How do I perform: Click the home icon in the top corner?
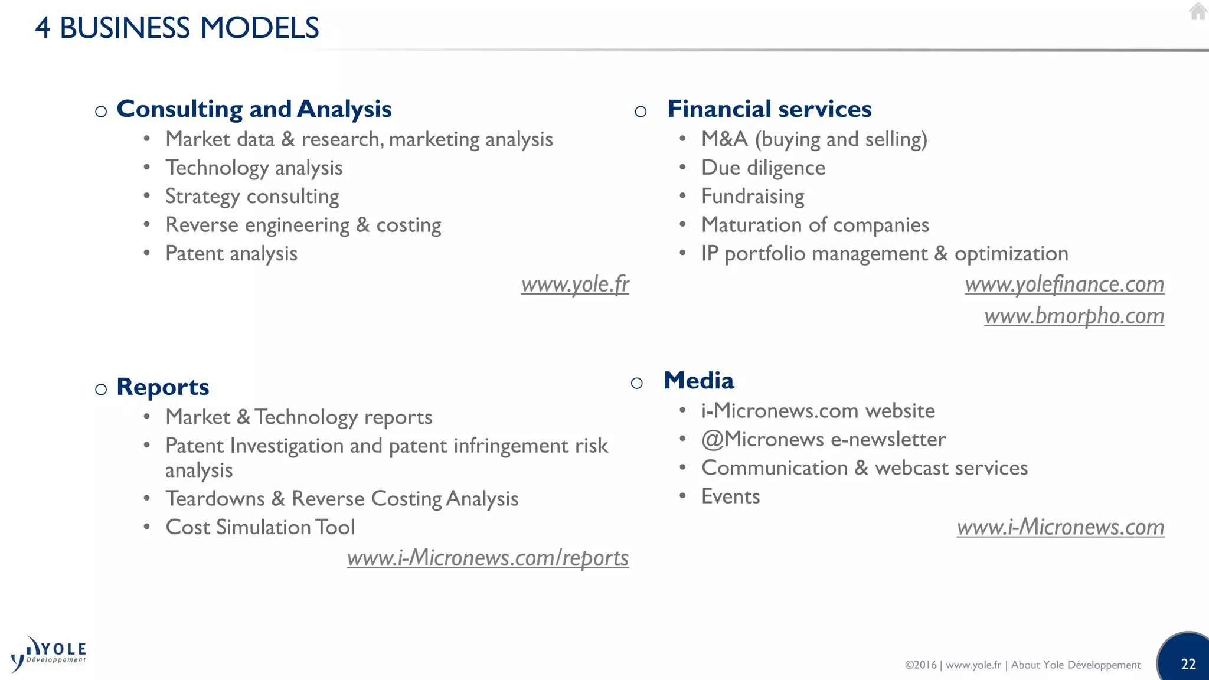pyautogui.click(x=1198, y=11)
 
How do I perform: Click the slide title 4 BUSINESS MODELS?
pyautogui.click(x=177, y=28)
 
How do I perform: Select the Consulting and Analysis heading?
pyautogui.click(x=254, y=109)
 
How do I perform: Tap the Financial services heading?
pyautogui.click(x=769, y=109)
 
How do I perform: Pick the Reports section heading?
pyautogui.click(x=163, y=387)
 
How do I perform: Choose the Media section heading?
pyautogui.click(x=698, y=381)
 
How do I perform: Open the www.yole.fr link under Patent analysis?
pyautogui.click(x=575, y=285)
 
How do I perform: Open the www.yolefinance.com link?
pyautogui.click(x=1064, y=285)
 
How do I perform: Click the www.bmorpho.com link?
pyautogui.click(x=1074, y=316)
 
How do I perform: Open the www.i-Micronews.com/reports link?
pyautogui.click(x=488, y=558)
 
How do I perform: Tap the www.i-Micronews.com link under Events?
pyautogui.click(x=1060, y=527)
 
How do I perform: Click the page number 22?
pyautogui.click(x=1188, y=664)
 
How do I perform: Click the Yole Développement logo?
pyautogui.click(x=48, y=654)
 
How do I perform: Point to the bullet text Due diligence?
pyautogui.click(x=763, y=168)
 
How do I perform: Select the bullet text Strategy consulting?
pyautogui.click(x=252, y=197)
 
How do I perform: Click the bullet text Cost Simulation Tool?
pyautogui.click(x=260, y=527)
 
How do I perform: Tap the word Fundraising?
pyautogui.click(x=753, y=197)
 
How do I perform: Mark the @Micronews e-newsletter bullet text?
pyautogui.click(x=823, y=440)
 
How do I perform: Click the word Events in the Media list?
pyautogui.click(x=730, y=496)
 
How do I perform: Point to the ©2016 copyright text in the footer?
pyautogui.click(x=921, y=665)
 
